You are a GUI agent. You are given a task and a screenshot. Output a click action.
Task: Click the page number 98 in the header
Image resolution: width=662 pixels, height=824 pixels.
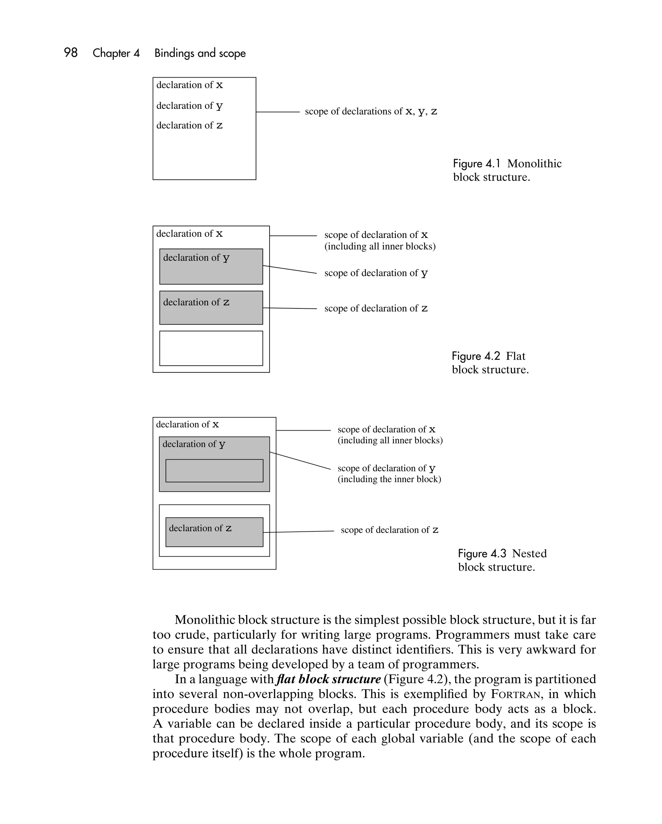coord(71,53)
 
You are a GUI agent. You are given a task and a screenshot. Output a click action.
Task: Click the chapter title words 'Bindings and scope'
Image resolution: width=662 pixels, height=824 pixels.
coord(200,53)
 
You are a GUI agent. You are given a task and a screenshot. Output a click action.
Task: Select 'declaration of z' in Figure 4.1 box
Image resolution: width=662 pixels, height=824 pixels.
coord(189,125)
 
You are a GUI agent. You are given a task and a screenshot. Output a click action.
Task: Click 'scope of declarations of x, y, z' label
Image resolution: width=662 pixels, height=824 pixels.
coord(371,112)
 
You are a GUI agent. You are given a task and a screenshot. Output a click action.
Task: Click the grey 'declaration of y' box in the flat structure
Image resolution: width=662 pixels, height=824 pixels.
coord(211,267)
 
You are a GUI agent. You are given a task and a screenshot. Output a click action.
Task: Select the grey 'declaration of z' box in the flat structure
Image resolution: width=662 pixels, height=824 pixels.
coord(211,308)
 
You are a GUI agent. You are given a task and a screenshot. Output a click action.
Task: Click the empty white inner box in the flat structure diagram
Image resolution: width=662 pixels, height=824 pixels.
coord(211,348)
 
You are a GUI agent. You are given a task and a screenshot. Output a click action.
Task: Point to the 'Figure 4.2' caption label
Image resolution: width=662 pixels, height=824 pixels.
coord(476,356)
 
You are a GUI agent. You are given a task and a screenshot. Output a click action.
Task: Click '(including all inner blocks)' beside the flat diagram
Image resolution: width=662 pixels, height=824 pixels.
coord(380,247)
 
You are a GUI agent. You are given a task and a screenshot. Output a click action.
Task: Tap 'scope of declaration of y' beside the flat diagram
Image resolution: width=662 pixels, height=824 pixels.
coord(376,273)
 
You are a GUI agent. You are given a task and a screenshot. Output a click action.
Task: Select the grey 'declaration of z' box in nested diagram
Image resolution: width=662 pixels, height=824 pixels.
coord(214,532)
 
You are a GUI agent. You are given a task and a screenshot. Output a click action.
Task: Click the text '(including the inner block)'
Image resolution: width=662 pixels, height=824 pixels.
coord(389,479)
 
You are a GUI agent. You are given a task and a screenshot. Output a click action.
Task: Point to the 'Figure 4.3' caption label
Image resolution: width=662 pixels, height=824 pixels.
coord(482,554)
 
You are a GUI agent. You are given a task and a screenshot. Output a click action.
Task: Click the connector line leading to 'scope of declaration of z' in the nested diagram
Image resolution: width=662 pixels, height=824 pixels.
coord(298,532)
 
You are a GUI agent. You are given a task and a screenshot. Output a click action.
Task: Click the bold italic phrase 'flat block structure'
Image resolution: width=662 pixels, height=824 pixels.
coord(328,679)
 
